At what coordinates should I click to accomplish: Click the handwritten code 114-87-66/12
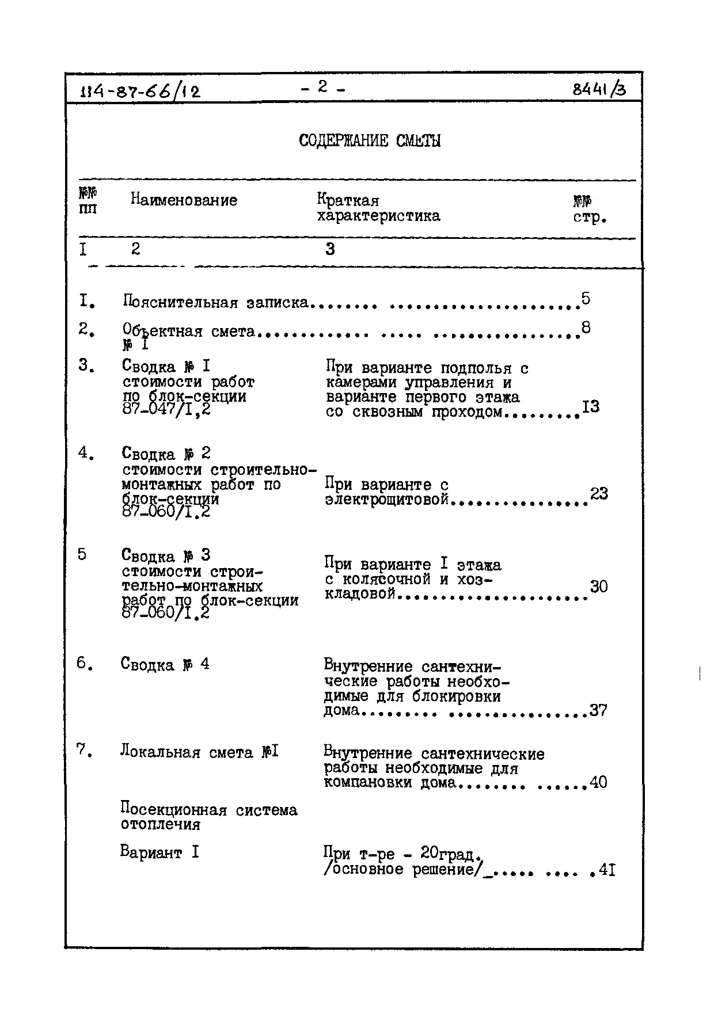139,90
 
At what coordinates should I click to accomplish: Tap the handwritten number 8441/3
598,89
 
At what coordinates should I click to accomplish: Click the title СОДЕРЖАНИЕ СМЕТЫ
370,141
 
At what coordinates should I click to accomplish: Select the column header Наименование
184,200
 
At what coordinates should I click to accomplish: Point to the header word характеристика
378,216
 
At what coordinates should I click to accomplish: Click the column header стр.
590,218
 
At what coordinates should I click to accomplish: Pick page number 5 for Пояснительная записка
586,298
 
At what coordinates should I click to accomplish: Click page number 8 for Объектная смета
586,328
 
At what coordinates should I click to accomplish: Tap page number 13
591,406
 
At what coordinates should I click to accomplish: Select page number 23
599,493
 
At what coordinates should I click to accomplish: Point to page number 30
599,587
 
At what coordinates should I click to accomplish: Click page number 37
598,710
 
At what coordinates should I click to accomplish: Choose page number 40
598,782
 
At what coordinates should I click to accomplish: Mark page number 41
607,870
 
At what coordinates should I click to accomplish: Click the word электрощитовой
386,500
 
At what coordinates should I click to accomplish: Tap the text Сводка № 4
165,664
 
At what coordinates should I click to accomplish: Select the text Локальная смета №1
199,752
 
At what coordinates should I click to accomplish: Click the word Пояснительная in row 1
180,302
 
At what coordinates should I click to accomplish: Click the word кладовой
360,593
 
